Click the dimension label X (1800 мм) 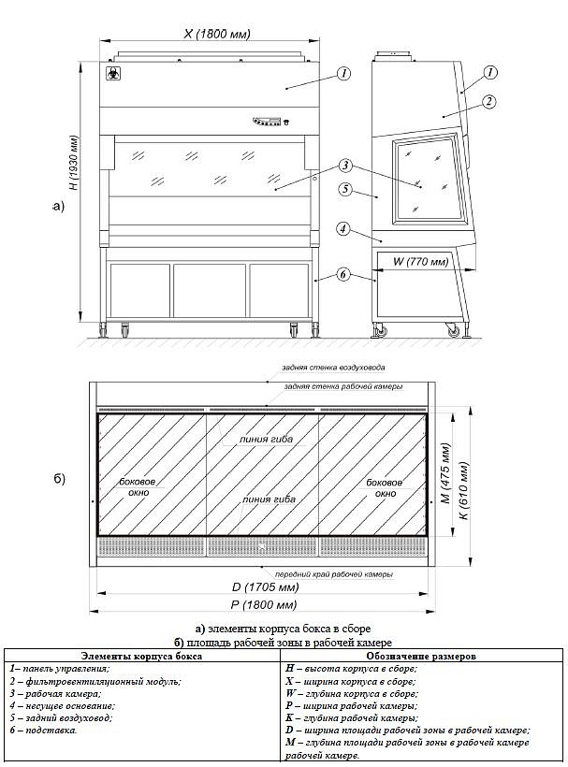tap(216, 34)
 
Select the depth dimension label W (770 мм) tap(417, 261)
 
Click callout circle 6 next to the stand tap(343, 274)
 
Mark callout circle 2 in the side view tap(488, 100)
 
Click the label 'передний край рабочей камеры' tap(333, 573)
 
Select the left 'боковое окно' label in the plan tap(138, 486)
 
